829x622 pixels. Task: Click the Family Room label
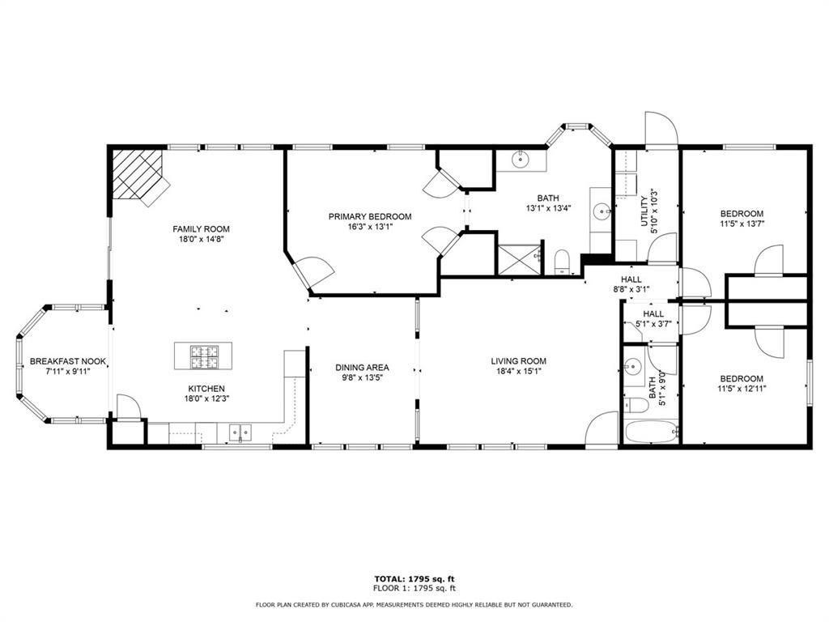tap(201, 229)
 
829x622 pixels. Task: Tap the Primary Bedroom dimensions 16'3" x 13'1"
tap(370, 227)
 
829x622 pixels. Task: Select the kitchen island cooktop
tap(204, 356)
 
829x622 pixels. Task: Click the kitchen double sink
tap(240, 433)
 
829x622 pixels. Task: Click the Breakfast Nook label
tap(68, 362)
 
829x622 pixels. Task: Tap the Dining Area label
tap(362, 368)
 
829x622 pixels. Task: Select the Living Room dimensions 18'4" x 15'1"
tap(519, 371)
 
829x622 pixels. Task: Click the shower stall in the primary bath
tap(521, 260)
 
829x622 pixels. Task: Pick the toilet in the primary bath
tap(562, 262)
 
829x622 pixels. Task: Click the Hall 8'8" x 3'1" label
tap(631, 284)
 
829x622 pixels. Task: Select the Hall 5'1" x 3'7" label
tap(653, 319)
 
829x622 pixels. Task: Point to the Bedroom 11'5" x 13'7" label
tap(742, 219)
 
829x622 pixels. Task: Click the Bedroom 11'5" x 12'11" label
tap(742, 383)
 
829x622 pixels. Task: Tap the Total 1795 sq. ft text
tap(414, 578)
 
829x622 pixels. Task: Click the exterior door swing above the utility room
tap(661, 127)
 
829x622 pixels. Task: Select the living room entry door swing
tap(602, 429)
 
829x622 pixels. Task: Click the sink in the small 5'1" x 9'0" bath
tap(633, 366)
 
